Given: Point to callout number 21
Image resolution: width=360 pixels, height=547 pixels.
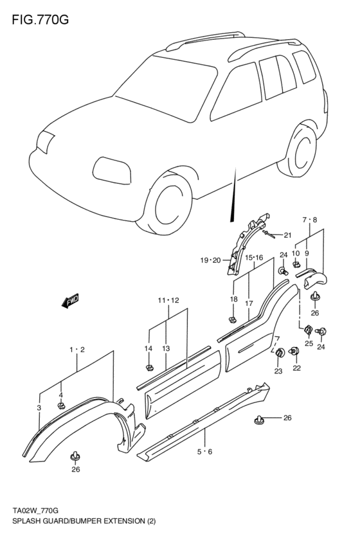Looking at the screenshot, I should (x=287, y=235).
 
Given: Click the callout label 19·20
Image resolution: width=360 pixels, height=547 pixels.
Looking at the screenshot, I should (x=210, y=260).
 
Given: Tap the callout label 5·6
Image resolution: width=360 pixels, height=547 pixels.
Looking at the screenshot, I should (x=206, y=452).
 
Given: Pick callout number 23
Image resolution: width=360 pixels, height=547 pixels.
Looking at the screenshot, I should (x=278, y=371).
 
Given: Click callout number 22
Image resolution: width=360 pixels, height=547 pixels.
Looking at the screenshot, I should (x=297, y=368).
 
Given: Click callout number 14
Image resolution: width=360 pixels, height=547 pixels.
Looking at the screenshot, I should (x=148, y=348).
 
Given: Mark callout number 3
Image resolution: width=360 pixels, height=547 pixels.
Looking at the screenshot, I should (x=39, y=408).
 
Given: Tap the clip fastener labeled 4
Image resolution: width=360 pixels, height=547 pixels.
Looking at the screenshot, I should (x=62, y=406).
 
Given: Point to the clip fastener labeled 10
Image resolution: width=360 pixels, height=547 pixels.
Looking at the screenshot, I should (x=296, y=264).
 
